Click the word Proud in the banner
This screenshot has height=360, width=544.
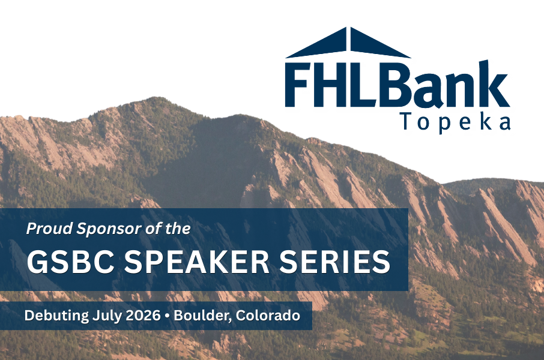tap(50, 229)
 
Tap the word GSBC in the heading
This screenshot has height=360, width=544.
tap(71, 262)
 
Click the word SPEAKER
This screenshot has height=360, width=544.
tap(197, 262)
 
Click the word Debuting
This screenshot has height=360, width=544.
tap(56, 316)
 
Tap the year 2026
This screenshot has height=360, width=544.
tap(143, 316)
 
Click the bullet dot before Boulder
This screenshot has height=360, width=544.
tap(168, 316)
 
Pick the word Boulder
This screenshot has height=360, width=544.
tap(202, 316)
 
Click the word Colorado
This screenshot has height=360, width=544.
tap(268, 316)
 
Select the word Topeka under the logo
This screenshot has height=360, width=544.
tap(456, 122)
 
